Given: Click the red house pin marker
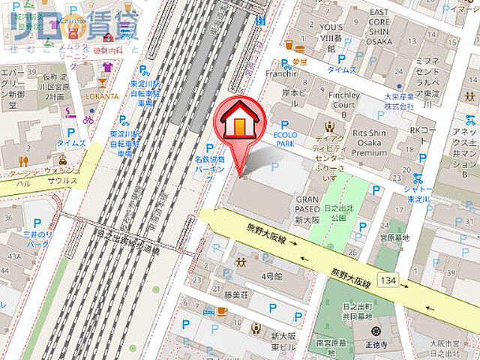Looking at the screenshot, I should click(x=239, y=121).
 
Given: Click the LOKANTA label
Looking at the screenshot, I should click(x=101, y=96).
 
